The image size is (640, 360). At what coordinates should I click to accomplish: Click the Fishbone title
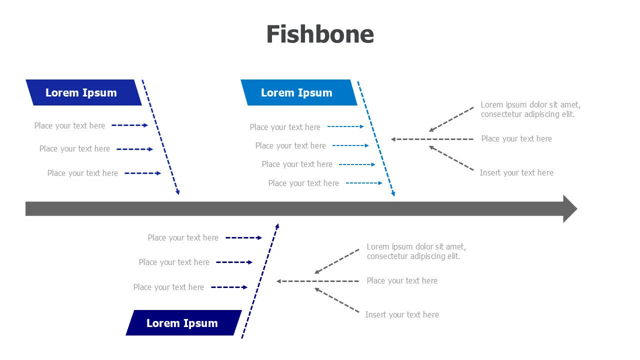320,34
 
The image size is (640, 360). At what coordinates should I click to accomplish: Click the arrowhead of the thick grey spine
570,208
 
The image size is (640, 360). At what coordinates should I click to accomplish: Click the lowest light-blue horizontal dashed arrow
364,183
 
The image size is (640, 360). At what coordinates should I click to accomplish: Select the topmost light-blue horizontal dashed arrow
345,127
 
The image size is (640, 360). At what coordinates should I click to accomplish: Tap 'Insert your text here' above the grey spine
516,173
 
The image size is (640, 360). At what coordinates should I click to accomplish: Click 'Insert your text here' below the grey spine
402,315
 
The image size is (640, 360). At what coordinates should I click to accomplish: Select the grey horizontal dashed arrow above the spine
432,139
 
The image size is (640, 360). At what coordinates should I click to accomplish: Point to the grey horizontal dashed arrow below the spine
317,281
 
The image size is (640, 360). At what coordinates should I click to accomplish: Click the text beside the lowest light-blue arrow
303,183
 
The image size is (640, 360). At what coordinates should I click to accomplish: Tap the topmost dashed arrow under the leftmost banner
129,125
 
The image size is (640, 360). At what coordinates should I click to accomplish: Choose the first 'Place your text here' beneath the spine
183,238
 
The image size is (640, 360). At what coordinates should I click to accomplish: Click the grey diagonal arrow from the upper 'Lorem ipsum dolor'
451,119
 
